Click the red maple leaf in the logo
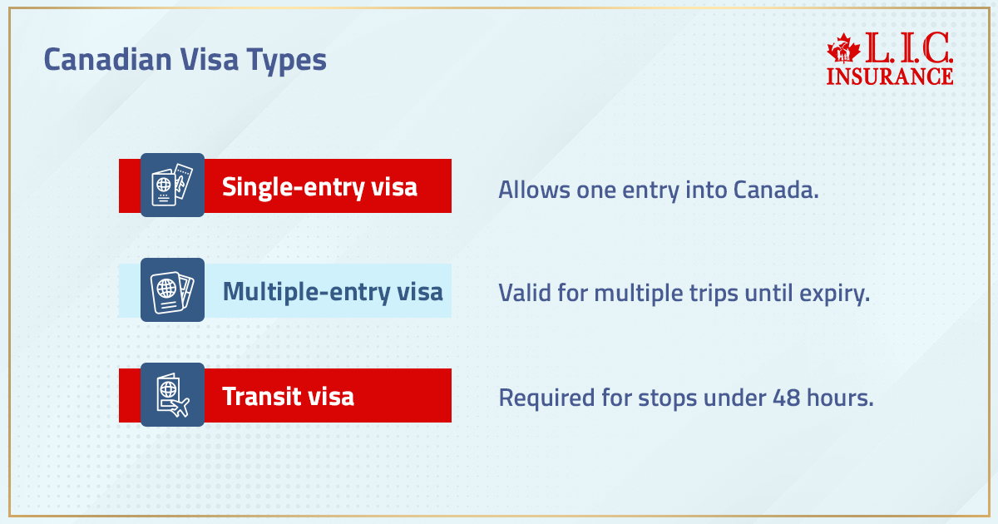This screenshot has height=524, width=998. (x=845, y=51)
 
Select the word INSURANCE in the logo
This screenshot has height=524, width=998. (x=890, y=76)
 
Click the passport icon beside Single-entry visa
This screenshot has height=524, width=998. (x=172, y=185)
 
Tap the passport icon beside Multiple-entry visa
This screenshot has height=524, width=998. (x=172, y=289)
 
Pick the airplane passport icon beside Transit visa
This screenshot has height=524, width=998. (x=172, y=394)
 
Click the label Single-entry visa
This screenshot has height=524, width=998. (x=319, y=187)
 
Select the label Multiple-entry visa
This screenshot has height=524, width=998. (x=333, y=292)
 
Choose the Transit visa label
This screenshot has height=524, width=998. (x=288, y=396)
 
